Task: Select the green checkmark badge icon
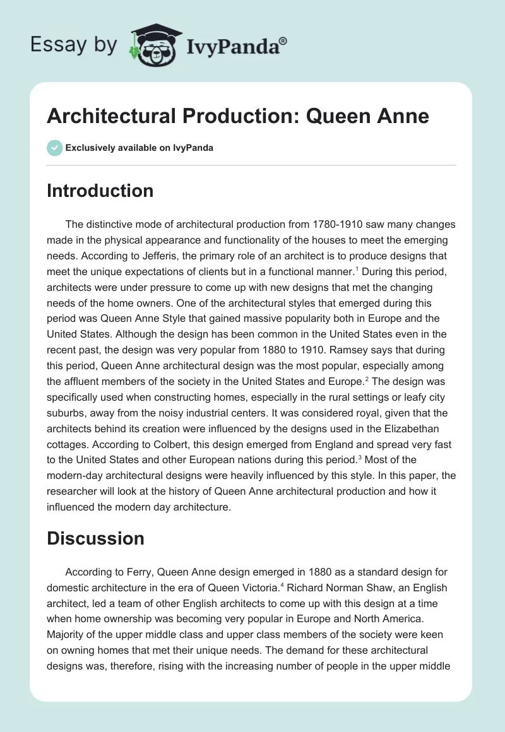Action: [x=54, y=148]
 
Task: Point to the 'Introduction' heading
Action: [x=100, y=191]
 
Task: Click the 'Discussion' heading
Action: [x=95, y=538]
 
